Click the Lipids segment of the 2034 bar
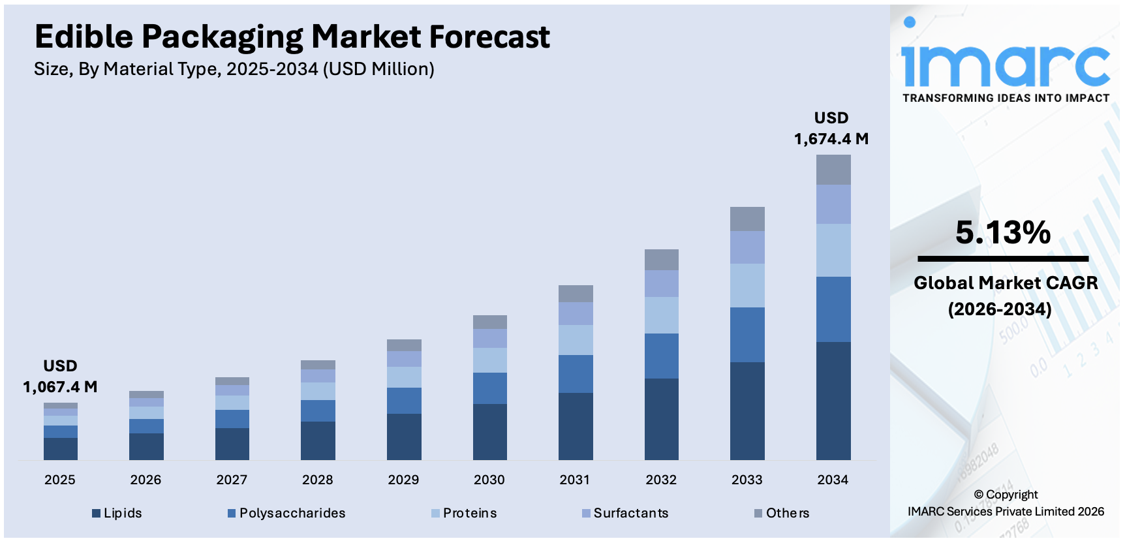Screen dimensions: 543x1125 click(x=833, y=401)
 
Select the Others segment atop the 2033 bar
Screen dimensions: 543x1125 click(x=747, y=219)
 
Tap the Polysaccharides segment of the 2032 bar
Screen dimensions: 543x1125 click(x=662, y=356)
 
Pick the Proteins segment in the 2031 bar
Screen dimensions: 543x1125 click(x=576, y=339)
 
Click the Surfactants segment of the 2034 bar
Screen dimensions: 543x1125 click(x=833, y=204)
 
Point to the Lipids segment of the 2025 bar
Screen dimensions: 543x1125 click(x=61, y=448)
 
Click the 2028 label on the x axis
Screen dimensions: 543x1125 click(x=318, y=480)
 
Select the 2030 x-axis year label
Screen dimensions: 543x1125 click(x=489, y=480)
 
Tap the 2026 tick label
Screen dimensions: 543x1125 click(x=146, y=480)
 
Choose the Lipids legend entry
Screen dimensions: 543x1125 click(x=117, y=513)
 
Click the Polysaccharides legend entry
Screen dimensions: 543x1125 click(x=287, y=513)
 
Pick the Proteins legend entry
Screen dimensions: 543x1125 click(x=465, y=513)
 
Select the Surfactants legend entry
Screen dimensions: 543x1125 click(x=626, y=513)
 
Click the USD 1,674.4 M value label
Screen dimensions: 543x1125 click(x=831, y=129)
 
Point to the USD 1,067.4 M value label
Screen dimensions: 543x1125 click(x=60, y=377)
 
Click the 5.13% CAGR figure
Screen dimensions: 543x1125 click(x=1003, y=233)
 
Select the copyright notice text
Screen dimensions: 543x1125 click(x=1006, y=503)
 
